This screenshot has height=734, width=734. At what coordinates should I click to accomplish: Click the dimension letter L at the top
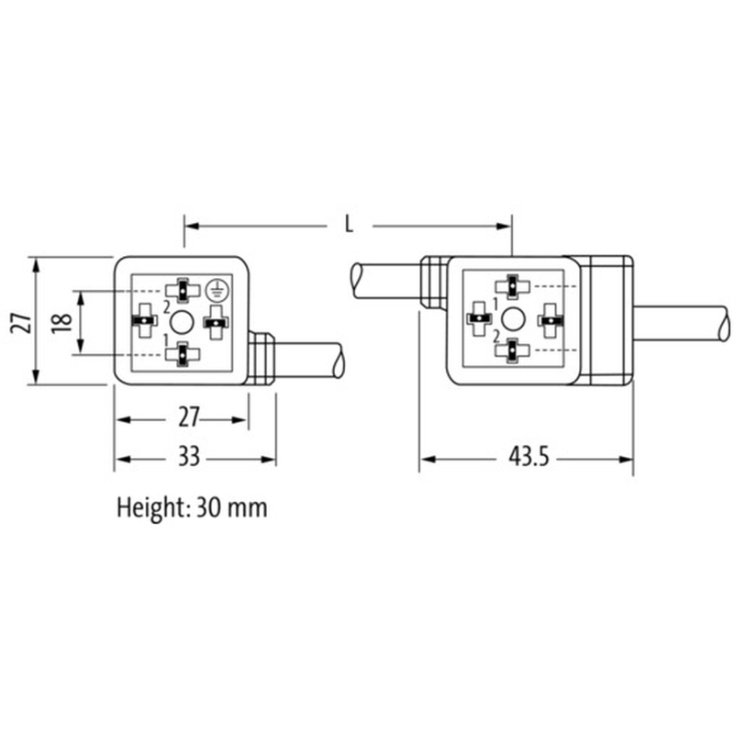pyautogui.click(x=349, y=225)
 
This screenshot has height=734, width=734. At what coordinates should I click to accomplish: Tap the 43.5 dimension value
pyautogui.click(x=528, y=456)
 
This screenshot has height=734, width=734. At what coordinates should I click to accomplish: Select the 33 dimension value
pyautogui.click(x=189, y=456)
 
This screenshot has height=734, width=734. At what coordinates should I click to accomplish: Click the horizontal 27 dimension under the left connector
pyautogui.click(x=189, y=417)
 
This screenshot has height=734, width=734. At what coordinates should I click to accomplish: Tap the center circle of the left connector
pyautogui.click(x=181, y=323)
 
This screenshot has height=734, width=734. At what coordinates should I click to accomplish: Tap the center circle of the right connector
pyautogui.click(x=513, y=319)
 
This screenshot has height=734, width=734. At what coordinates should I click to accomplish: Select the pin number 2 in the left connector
pyautogui.click(x=167, y=307)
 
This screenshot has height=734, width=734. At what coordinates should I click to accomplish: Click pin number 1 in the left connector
pyautogui.click(x=165, y=339)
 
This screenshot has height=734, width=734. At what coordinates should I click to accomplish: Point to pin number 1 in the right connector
pyautogui.click(x=495, y=305)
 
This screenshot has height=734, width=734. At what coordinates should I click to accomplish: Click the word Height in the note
pyautogui.click(x=150, y=508)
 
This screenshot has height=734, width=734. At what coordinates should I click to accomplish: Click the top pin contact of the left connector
pyautogui.click(x=182, y=290)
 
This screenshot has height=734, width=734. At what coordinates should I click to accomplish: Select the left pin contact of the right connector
pyautogui.click(x=479, y=318)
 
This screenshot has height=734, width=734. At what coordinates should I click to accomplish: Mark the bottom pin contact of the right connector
pyautogui.click(x=513, y=350)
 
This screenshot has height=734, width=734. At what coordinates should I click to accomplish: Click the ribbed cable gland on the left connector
pyautogui.click(x=261, y=358)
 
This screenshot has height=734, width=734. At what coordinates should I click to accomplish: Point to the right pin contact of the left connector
pyautogui.click(x=216, y=322)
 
